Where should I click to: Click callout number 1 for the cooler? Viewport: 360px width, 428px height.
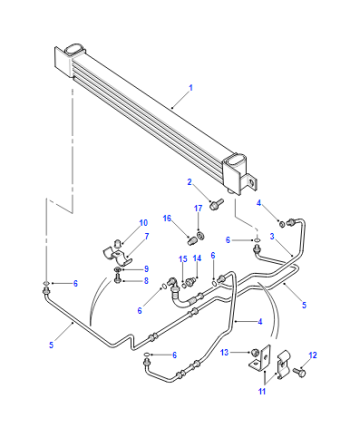pyautogui.click(x=191, y=88)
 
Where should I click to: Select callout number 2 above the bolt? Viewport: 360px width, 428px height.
pyautogui.click(x=190, y=182)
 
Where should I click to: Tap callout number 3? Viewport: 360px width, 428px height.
pyautogui.click(x=272, y=236)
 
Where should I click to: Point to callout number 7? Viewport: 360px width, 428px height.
pyautogui.click(x=147, y=236)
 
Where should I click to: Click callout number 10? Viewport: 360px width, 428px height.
pyautogui.click(x=143, y=223)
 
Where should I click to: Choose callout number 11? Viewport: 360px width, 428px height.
pyautogui.click(x=262, y=391)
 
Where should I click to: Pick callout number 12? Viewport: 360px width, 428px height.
pyautogui.click(x=313, y=355)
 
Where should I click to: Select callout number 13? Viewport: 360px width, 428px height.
pyautogui.click(x=225, y=352)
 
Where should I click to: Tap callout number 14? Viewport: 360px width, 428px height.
pyautogui.click(x=197, y=258)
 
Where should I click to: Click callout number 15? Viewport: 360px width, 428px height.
pyautogui.click(x=183, y=259)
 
